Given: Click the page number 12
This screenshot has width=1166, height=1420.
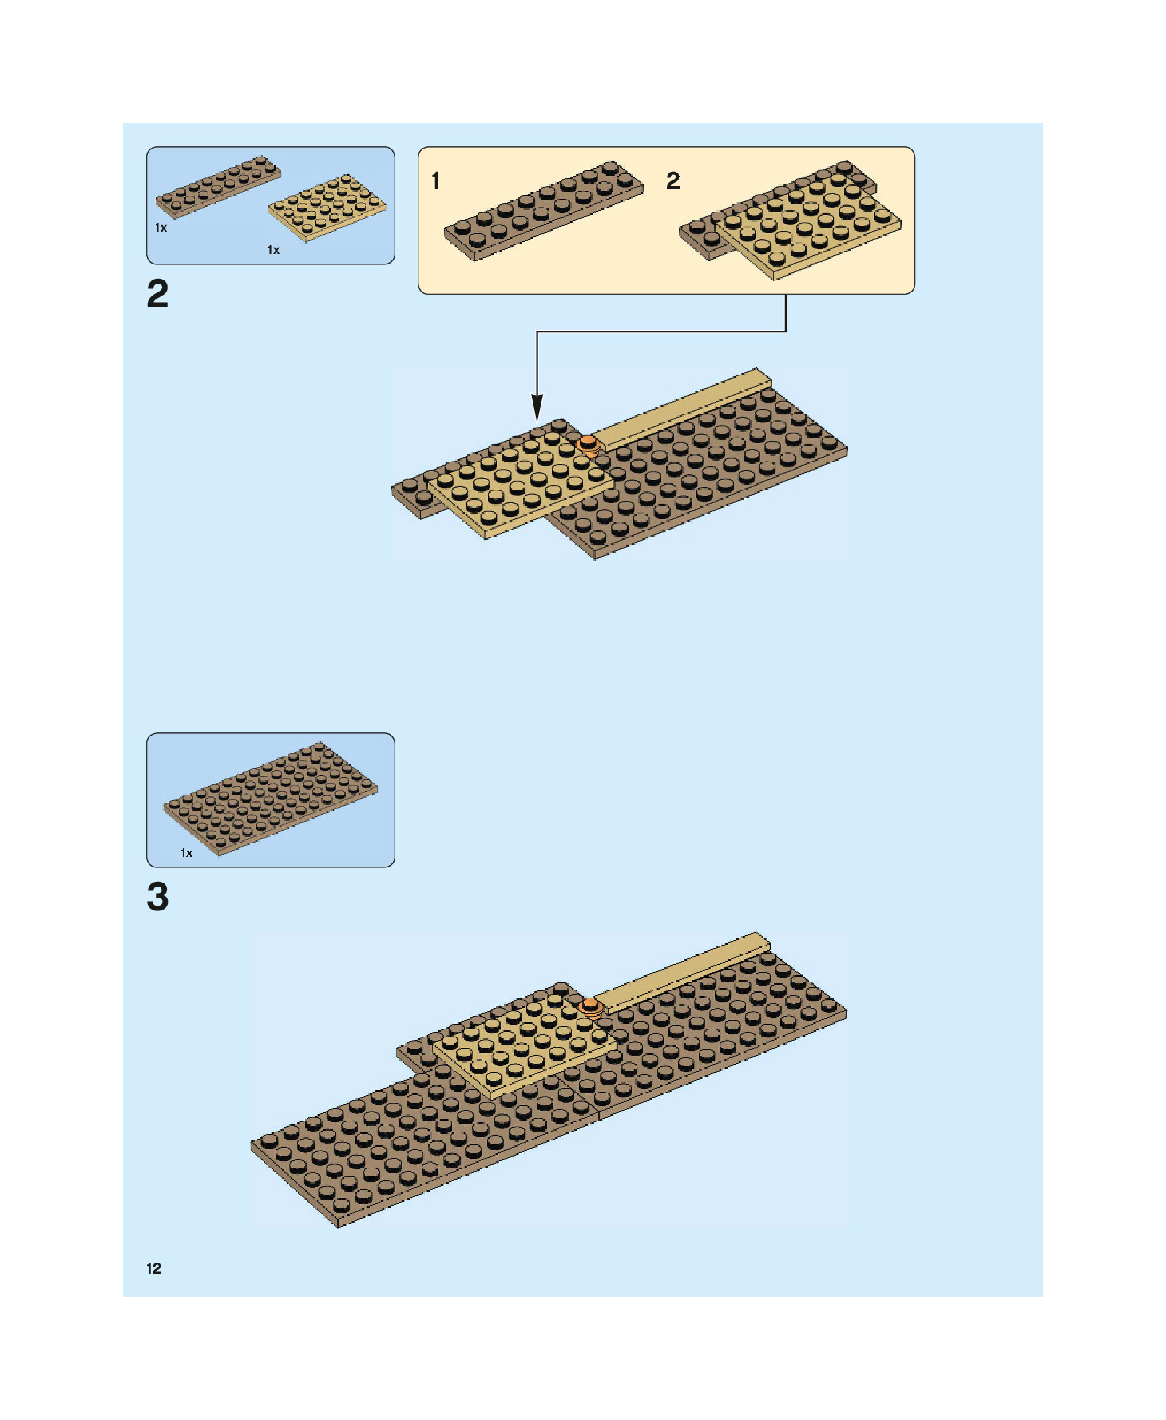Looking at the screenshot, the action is click(x=153, y=1268).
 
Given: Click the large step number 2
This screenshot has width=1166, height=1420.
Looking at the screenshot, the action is click(x=157, y=294).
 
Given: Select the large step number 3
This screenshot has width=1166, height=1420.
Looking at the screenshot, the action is click(x=157, y=896).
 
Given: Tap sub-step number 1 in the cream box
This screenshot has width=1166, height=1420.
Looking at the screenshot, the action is click(x=436, y=181).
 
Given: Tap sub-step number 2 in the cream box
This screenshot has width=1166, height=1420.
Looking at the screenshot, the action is click(x=673, y=181).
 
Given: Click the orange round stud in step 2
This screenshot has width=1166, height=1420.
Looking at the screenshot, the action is click(x=589, y=443).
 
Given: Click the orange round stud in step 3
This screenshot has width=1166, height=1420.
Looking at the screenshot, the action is click(x=590, y=1006).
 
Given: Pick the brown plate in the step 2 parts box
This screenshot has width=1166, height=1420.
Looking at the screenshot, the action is click(x=218, y=186).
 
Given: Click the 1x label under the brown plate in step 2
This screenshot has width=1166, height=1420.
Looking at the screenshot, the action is click(x=161, y=228).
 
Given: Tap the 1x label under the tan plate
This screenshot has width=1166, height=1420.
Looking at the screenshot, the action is click(x=273, y=250).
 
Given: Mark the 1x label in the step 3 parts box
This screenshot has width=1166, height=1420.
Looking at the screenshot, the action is click(x=187, y=853).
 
